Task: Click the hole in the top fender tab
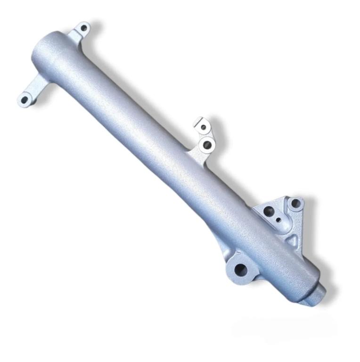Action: coord(83,28)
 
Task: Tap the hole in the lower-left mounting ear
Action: coord(24,99)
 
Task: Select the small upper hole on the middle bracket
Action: coord(204,127)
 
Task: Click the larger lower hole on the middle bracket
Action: coord(206,145)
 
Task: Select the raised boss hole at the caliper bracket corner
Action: coord(295,204)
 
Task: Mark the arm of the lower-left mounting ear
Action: coord(35,88)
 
